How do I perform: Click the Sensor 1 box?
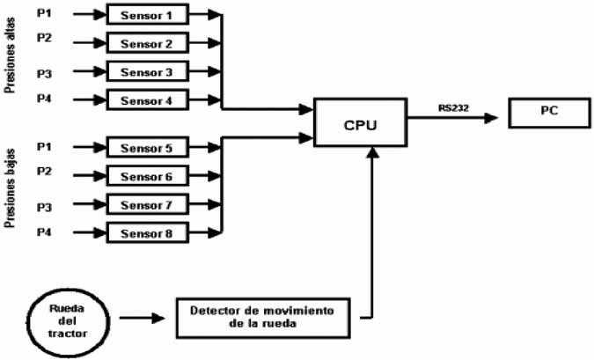point(147,14)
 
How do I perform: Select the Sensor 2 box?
point(147,42)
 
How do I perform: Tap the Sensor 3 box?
point(147,71)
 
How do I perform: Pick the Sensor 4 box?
point(147,99)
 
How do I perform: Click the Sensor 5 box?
point(147,148)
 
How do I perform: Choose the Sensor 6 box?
point(147,176)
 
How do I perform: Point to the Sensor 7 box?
point(147,205)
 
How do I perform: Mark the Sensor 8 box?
point(147,233)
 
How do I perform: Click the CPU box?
point(361,124)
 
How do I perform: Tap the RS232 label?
point(454,108)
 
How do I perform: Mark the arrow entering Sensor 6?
point(85,176)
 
